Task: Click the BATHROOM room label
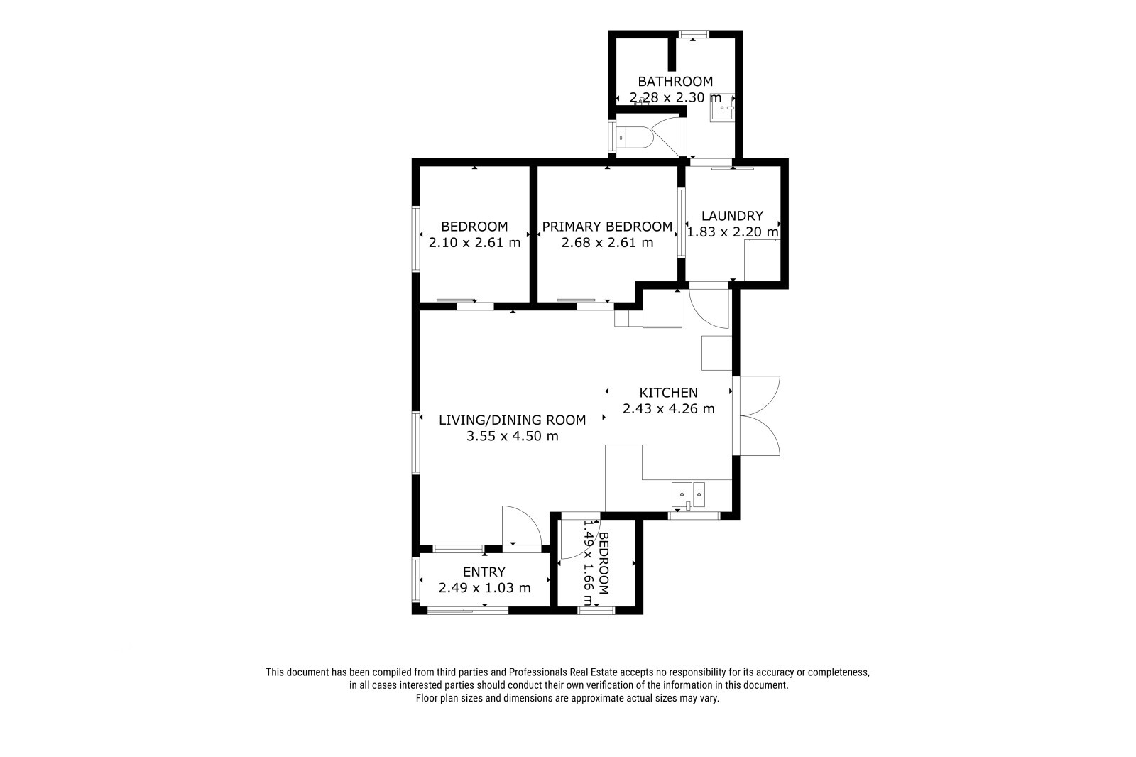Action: click(675, 81)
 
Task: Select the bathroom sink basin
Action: click(721, 108)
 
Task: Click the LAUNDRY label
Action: click(732, 216)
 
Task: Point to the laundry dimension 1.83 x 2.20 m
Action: click(732, 232)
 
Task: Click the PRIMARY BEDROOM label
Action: click(607, 227)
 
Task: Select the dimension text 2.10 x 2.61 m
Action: click(474, 243)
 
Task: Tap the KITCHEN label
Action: click(668, 392)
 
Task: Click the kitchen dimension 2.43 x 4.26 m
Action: click(668, 408)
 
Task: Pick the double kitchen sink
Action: click(688, 495)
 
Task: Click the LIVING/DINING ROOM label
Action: click(512, 420)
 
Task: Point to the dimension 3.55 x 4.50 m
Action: click(512, 436)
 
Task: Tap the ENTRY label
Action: click(484, 572)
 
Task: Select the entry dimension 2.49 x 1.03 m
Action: click(484, 588)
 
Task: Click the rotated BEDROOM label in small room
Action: click(603, 563)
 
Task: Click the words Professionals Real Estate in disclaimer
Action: click(562, 672)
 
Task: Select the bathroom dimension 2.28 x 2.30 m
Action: click(675, 97)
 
